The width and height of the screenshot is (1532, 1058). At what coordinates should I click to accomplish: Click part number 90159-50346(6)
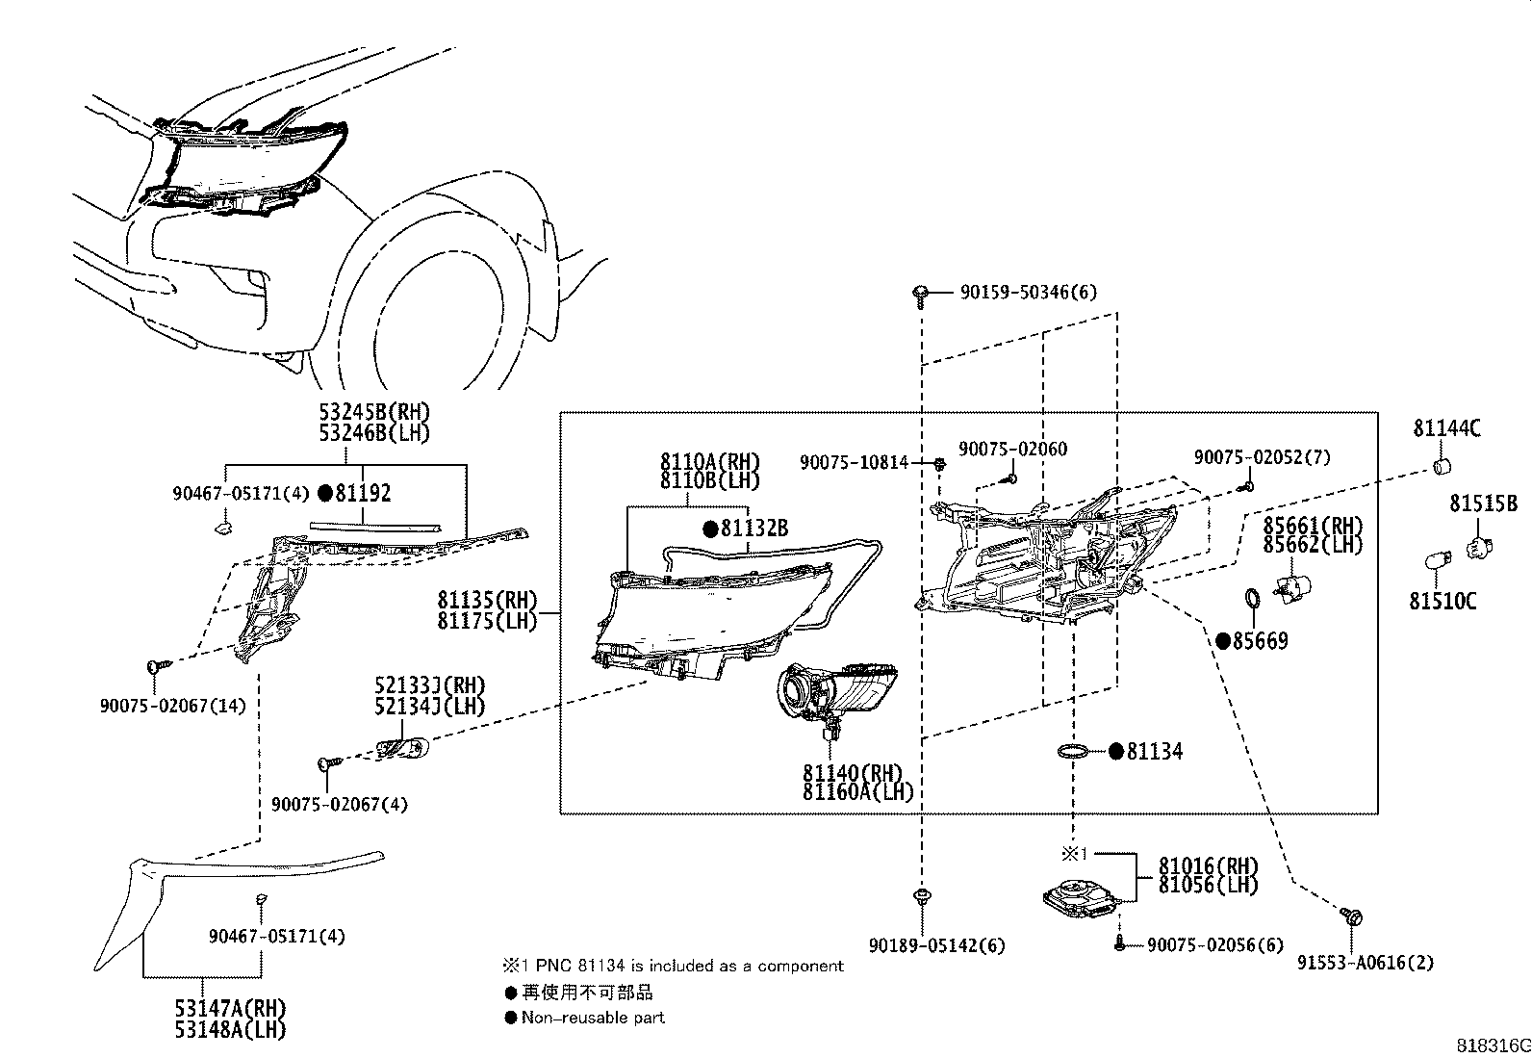coord(1028,292)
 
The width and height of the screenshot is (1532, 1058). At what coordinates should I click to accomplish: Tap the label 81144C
coord(1446,429)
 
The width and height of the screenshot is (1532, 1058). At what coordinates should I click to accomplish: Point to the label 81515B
coord(1483,503)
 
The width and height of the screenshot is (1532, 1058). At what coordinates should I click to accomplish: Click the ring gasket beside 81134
coord(1074,751)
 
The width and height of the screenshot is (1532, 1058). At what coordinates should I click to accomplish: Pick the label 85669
coord(1260,641)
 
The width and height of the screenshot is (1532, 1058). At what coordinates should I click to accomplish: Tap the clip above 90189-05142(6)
coord(922,897)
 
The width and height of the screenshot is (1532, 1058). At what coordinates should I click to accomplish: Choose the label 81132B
coord(754,529)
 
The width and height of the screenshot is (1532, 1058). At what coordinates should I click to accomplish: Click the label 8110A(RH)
coord(709,461)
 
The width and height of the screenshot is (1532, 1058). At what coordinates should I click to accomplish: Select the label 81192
coord(362,494)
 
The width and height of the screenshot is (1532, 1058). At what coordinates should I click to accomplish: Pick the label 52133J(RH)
coord(430,686)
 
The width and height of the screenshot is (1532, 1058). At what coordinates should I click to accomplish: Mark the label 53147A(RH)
coord(231,1008)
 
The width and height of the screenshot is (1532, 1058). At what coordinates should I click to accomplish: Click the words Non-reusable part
coord(593,1018)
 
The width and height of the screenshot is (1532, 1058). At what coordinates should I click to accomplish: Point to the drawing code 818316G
coord(1491,1045)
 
